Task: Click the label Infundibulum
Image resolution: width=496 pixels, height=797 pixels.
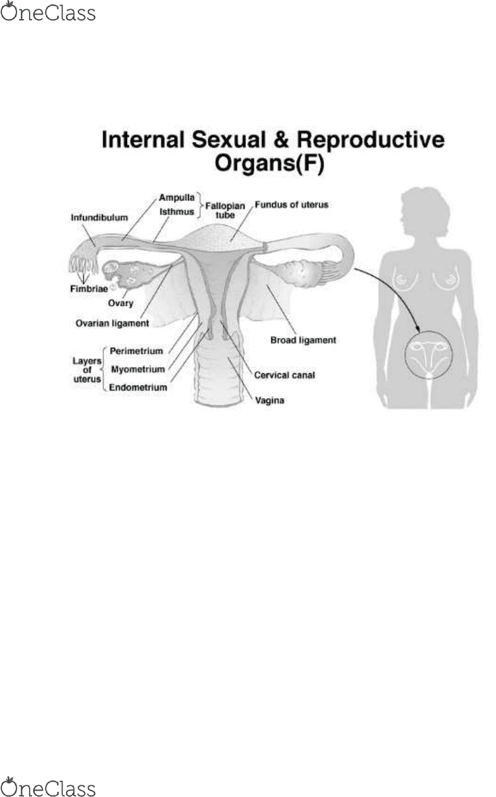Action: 99,218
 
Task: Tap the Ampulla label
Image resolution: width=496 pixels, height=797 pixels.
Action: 177,197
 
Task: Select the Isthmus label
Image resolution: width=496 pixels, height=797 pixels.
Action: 177,212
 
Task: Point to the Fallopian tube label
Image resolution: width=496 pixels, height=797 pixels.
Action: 225,210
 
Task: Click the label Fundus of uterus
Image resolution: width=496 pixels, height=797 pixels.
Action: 292,204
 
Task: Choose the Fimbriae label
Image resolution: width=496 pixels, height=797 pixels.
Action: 89,288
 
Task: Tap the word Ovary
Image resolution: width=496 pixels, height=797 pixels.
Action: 121,303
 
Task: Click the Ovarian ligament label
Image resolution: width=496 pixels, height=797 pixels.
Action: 112,323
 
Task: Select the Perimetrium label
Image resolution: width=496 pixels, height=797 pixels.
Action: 136,351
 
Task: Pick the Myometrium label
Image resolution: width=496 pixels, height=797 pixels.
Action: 138,369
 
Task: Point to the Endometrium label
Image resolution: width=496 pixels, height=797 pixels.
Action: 138,388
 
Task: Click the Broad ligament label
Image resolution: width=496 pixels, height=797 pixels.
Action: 303,340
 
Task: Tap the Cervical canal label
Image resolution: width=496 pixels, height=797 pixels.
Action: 284,375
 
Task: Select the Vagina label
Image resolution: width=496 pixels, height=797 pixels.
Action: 270,400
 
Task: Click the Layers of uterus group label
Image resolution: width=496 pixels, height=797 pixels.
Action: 87,370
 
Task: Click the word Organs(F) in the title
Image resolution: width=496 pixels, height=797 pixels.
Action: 269,164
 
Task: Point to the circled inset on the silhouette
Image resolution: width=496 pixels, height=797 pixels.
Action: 428,354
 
